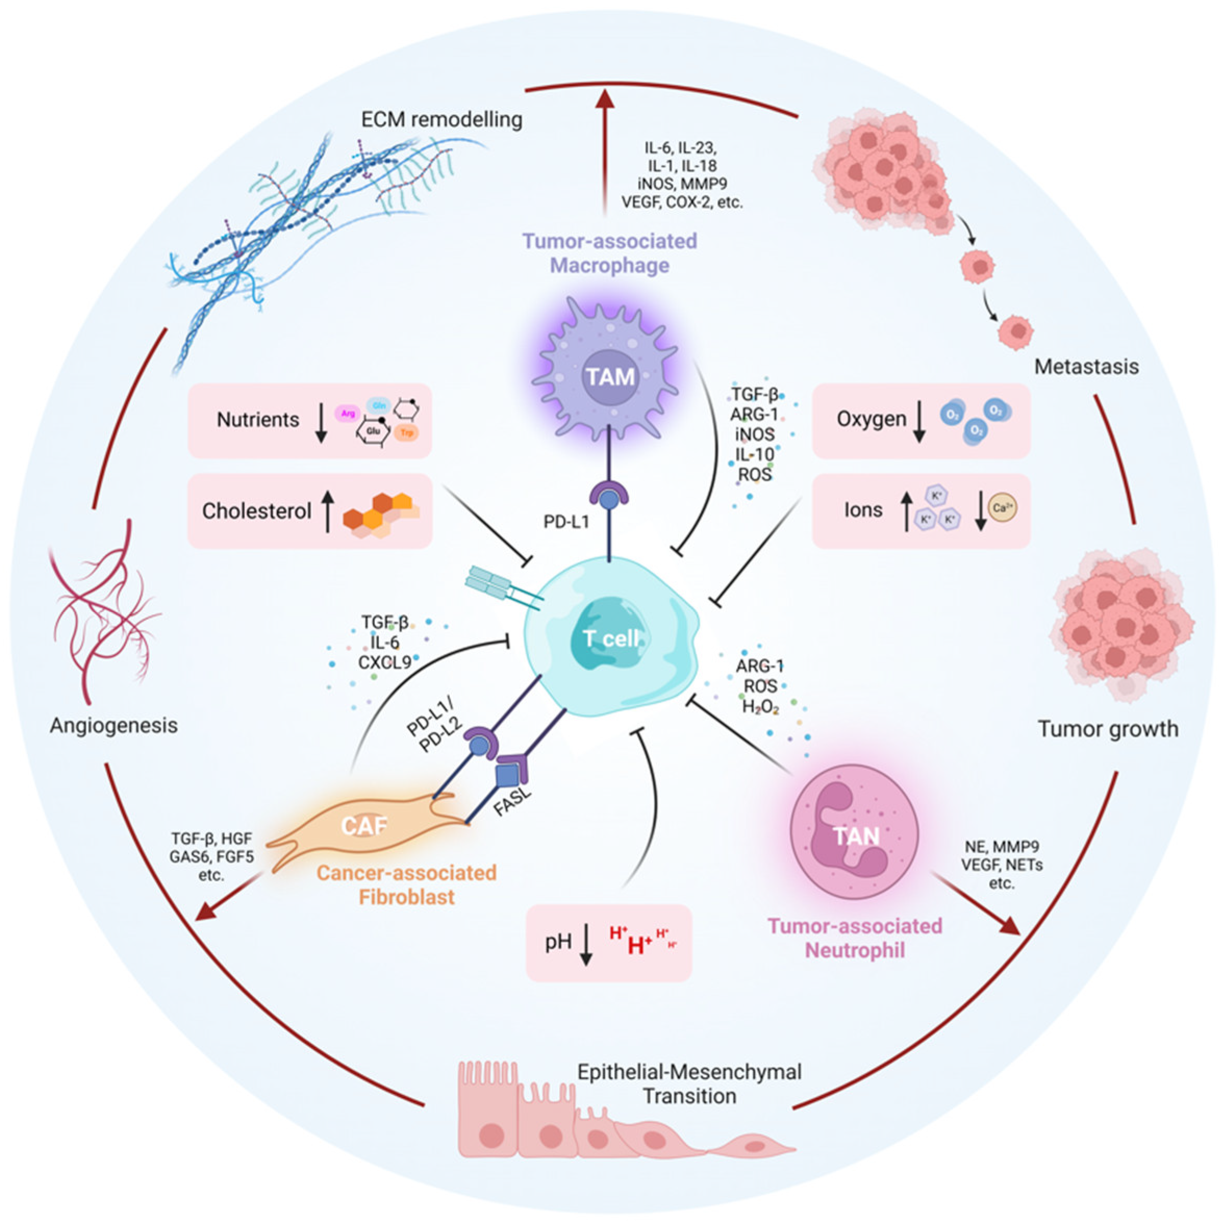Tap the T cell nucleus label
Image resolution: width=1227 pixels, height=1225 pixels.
pyautogui.click(x=611, y=638)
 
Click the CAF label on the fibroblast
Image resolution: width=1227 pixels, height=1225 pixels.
pyautogui.click(x=363, y=826)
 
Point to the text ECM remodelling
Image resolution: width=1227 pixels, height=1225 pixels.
pyautogui.click(x=441, y=119)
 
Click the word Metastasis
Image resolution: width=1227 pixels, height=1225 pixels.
pyautogui.click(x=1086, y=367)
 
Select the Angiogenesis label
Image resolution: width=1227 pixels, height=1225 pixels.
pyautogui.click(x=113, y=725)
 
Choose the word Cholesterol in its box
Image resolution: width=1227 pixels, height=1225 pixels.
pyautogui.click(x=257, y=511)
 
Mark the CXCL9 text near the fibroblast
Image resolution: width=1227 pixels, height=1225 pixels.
pyautogui.click(x=384, y=662)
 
